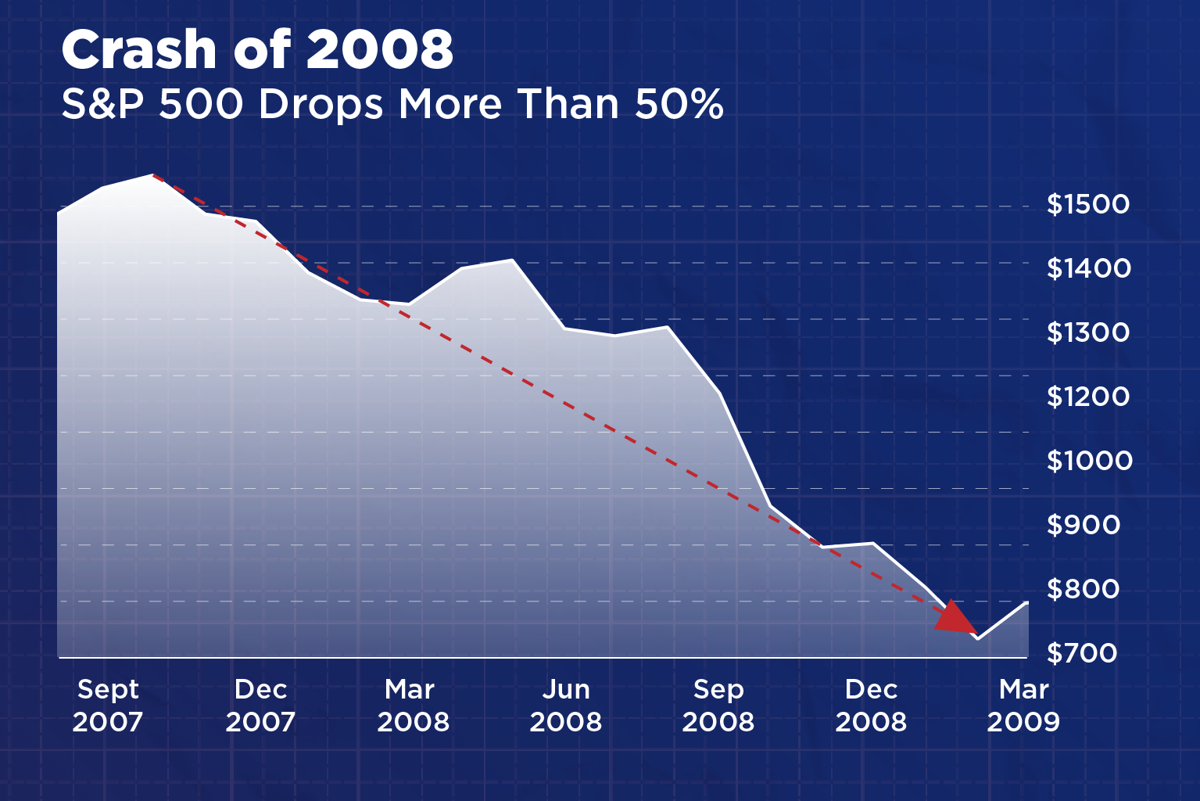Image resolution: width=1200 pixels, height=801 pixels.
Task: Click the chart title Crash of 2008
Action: click(x=257, y=50)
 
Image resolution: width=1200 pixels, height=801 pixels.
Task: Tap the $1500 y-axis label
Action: click(x=1088, y=204)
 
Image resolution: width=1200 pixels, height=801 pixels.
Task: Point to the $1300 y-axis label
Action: click(x=1088, y=332)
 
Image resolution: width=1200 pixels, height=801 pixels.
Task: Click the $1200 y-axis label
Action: click(x=1088, y=397)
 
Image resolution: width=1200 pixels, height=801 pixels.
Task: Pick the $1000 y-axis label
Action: click(x=1089, y=461)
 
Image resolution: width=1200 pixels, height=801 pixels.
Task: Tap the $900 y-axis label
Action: click(x=1083, y=525)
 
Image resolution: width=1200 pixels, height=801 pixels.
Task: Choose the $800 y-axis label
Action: click(x=1083, y=589)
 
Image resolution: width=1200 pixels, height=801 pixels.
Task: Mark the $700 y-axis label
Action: click(x=1082, y=652)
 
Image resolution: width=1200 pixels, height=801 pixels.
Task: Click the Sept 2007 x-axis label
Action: click(x=108, y=706)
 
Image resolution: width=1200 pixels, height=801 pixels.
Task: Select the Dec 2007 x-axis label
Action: click(x=260, y=706)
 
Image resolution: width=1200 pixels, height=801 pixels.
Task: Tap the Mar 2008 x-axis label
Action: click(x=413, y=706)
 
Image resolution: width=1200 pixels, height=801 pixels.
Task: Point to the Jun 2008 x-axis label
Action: click(x=565, y=706)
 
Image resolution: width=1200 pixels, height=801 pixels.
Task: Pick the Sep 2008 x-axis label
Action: click(x=718, y=706)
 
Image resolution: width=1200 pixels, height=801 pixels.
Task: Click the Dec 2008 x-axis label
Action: click(x=871, y=706)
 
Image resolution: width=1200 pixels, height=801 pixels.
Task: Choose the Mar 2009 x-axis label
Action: click(x=1023, y=706)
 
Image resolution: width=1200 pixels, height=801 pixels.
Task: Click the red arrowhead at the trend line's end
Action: click(x=955, y=619)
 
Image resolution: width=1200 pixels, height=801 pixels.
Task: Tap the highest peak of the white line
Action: click(x=152, y=175)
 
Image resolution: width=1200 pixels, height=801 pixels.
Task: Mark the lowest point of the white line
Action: click(x=977, y=638)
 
